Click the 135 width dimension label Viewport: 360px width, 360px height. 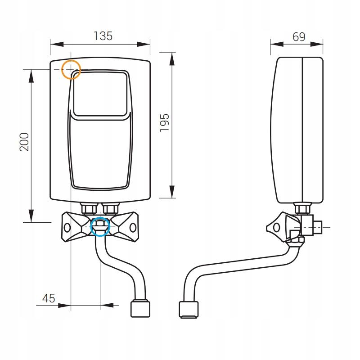pyautogui.click(x=103, y=36)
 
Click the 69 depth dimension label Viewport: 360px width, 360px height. pyautogui.click(x=299, y=37)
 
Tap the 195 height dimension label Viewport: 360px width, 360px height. pyautogui.click(x=165, y=123)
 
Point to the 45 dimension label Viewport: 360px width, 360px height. pyautogui.click(x=48, y=297)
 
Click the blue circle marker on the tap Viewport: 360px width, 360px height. pyautogui.click(x=100, y=226)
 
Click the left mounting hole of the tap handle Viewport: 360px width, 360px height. pyautogui.click(x=67, y=228)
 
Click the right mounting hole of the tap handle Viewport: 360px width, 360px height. pyautogui.click(x=133, y=228)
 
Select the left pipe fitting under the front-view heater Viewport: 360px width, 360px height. pyautogui.click(x=87, y=209)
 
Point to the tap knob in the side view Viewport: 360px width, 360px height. pyautogui.click(x=275, y=228)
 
